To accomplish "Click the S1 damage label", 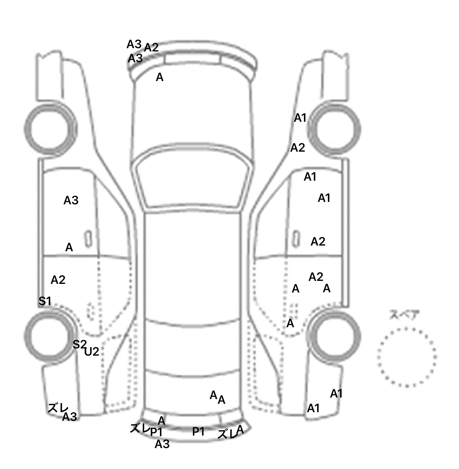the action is point(45,301).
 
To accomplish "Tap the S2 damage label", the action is point(79,344).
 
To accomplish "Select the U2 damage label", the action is point(92,352).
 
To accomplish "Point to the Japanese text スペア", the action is point(404,316).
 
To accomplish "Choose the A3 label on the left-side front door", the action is point(71,200).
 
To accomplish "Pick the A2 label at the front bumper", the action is point(151,48).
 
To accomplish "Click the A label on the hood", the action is point(160,77).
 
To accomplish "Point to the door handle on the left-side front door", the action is point(88,239).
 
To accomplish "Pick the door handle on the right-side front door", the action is point(296,239).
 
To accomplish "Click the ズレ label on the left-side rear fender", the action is point(58,408).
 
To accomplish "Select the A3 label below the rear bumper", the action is point(162,444).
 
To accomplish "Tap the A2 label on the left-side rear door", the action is point(58,280).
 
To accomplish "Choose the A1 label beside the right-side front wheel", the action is point(300,118).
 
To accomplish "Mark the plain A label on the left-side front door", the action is point(69,247).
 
